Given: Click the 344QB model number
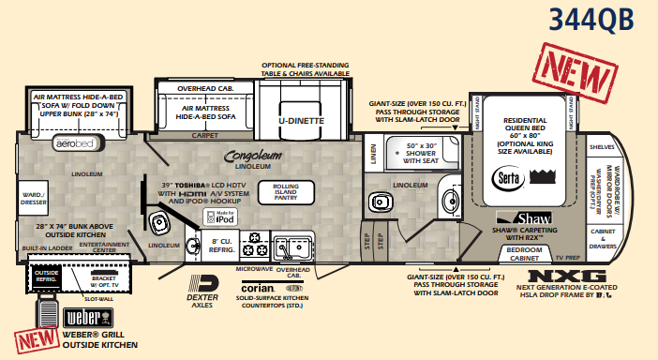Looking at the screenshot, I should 591,18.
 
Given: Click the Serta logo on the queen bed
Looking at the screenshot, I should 507,177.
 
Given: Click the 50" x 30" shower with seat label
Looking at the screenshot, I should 410,152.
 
